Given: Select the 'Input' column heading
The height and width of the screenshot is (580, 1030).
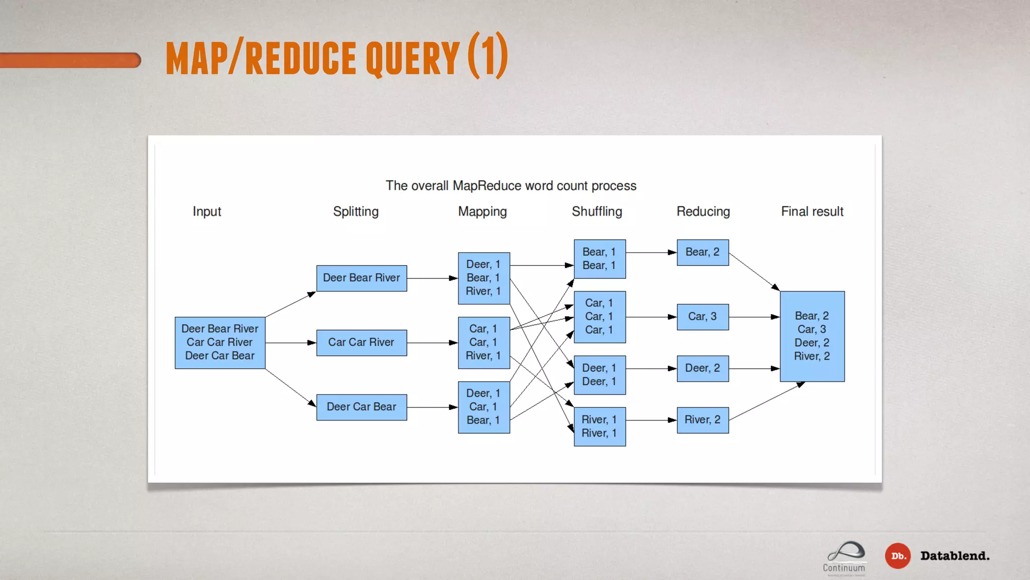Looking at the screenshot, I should coord(207,211).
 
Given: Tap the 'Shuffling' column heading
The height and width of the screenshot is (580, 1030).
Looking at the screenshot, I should coord(597,211).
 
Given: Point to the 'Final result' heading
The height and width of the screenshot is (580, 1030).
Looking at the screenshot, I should coord(812,211).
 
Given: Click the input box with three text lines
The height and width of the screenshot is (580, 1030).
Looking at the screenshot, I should coord(220,342).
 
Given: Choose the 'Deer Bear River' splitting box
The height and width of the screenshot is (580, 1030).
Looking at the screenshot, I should coord(362,278).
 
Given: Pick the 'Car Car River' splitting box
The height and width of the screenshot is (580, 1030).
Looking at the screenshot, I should coord(362,342).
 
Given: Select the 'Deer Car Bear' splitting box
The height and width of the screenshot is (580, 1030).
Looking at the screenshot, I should coord(362,407).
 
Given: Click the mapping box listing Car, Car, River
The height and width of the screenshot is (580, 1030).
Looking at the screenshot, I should coord(484,342).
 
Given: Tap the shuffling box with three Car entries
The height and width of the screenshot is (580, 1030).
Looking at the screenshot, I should coord(599,317).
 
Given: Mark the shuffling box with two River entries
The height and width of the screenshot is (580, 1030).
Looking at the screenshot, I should coord(599,426).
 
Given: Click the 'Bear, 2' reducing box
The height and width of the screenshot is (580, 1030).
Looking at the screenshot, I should coord(703,252).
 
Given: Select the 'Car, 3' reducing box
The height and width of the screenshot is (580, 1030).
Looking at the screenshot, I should coord(703,317).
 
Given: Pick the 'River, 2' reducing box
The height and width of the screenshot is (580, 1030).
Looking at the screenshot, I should coord(703,420).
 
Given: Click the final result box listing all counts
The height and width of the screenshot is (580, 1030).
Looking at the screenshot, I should coord(812,336).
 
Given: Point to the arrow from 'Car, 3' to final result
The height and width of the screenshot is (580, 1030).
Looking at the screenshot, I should coord(754,317).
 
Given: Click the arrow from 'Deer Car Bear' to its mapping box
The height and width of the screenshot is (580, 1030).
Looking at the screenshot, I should coord(432,407).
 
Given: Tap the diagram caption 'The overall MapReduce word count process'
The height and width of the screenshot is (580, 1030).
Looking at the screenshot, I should coord(511,186).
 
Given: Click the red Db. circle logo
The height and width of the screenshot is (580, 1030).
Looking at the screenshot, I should coord(898,556).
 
